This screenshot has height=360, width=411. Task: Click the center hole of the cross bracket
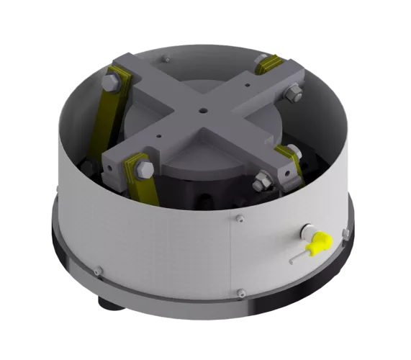point(204,110)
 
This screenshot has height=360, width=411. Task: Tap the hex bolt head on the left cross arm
point(110,84)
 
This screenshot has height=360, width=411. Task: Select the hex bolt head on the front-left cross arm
point(143,171)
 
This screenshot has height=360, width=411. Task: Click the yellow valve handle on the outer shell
point(317,244)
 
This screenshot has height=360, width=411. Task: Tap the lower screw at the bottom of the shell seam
point(241,292)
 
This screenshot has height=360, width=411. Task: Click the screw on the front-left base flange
point(99,271)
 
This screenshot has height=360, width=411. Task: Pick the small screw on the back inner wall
point(167,60)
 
